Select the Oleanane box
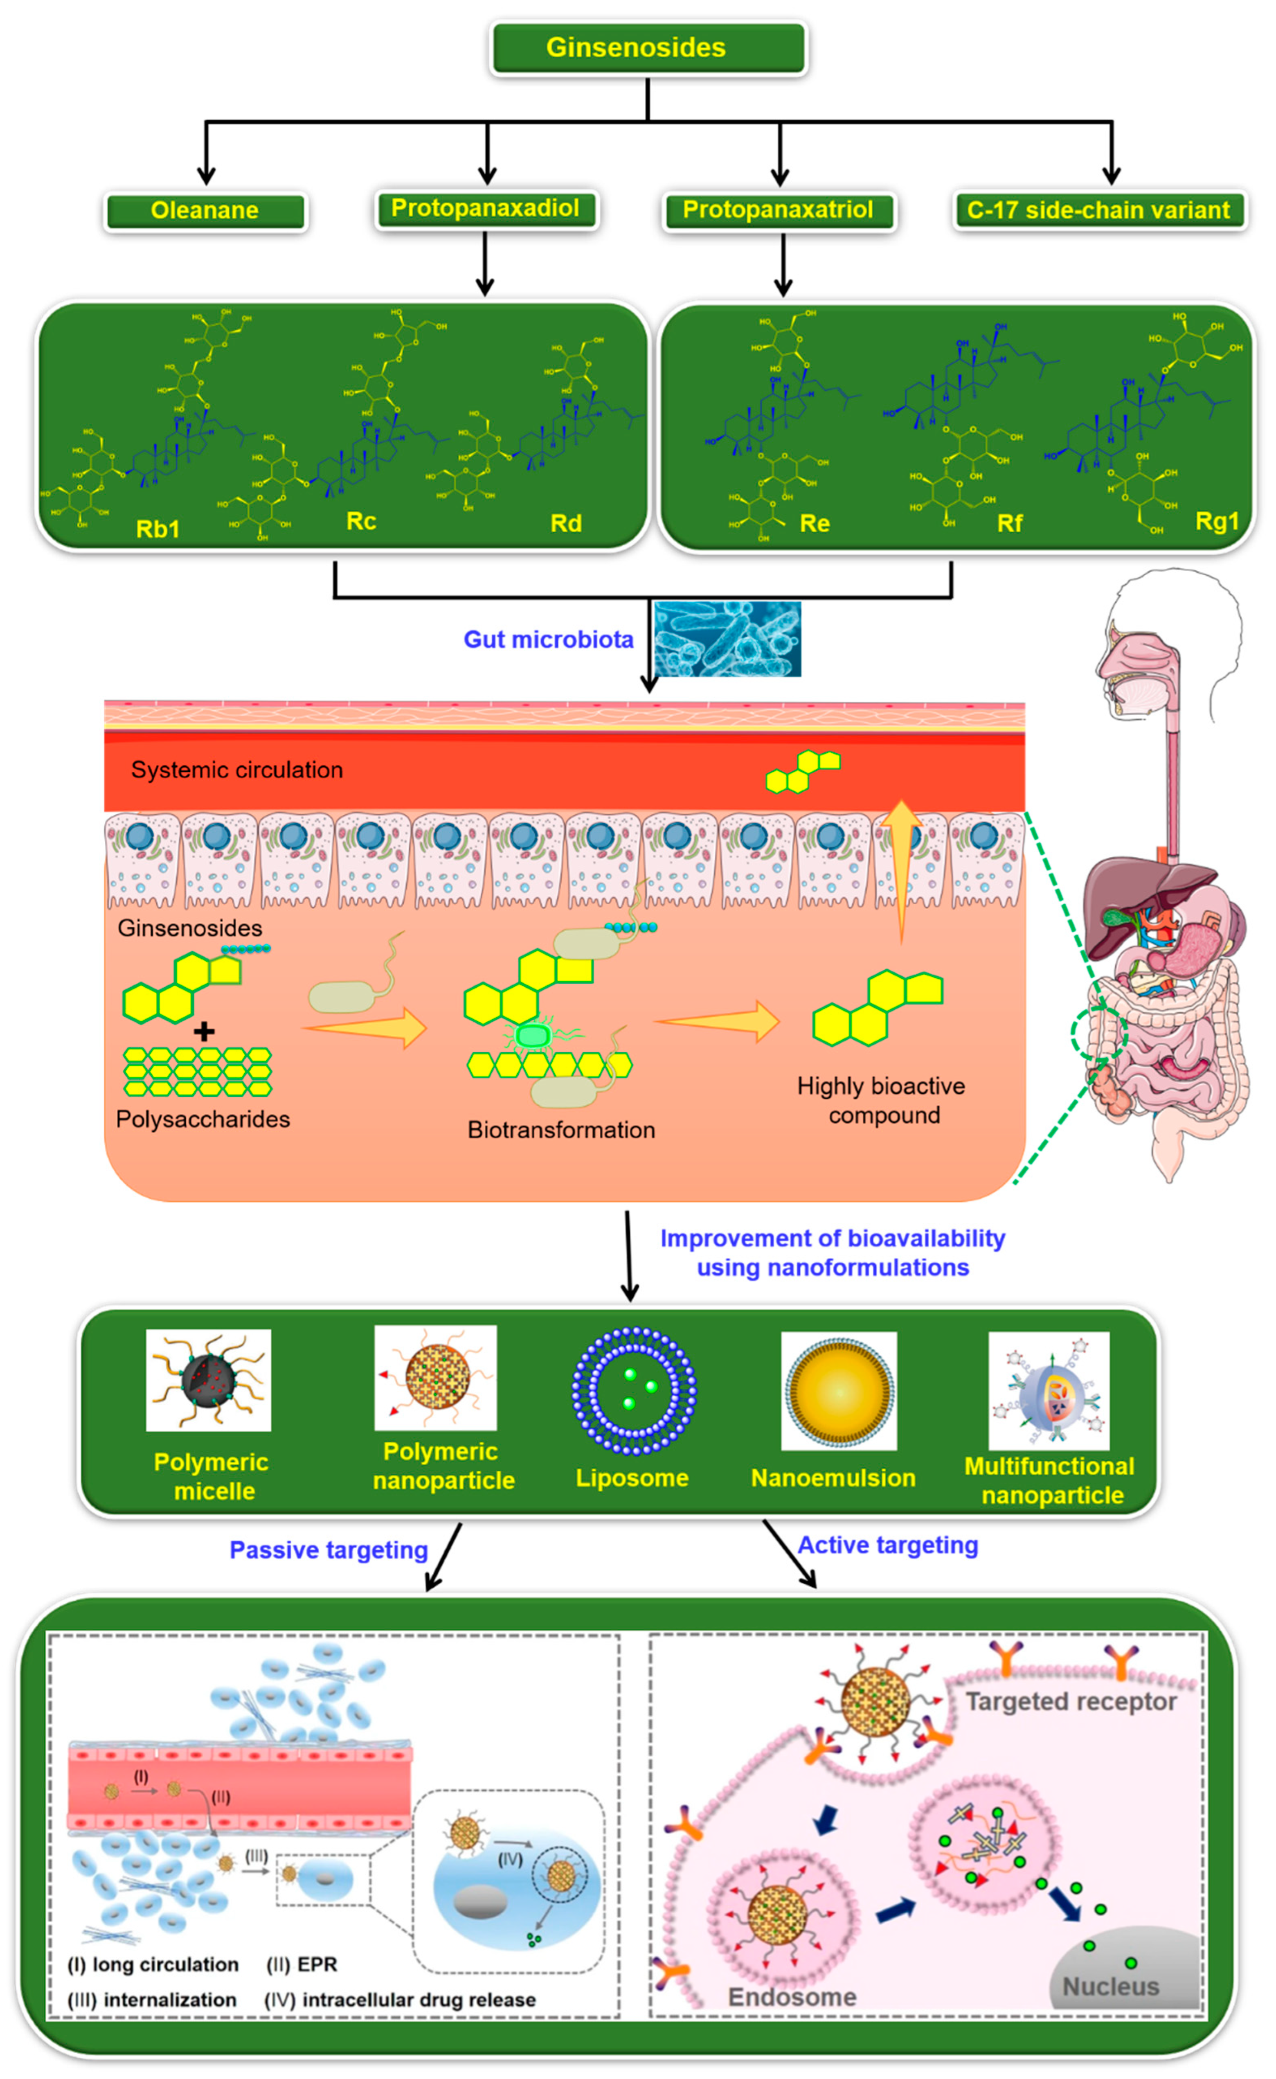point(205,211)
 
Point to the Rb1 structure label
point(158,529)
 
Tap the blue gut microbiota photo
point(727,639)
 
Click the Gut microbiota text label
point(549,640)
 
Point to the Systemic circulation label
point(237,770)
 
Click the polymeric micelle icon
point(209,1380)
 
